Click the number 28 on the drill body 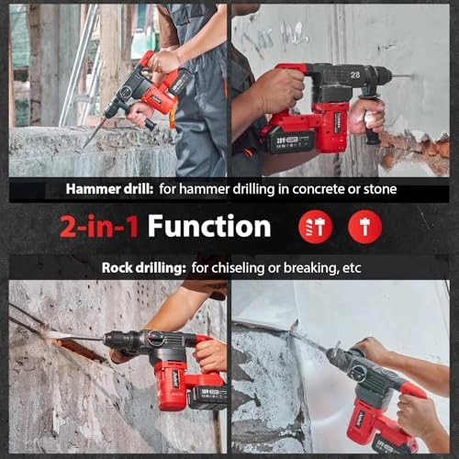click(x=355, y=74)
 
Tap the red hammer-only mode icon click(x=364, y=227)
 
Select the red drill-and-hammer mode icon click(x=315, y=227)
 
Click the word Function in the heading click(x=209, y=226)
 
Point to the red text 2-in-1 click(x=99, y=227)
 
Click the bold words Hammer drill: click(x=109, y=189)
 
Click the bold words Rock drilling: click(x=144, y=268)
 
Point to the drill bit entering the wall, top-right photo click(x=401, y=75)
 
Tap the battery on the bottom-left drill click(x=208, y=397)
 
